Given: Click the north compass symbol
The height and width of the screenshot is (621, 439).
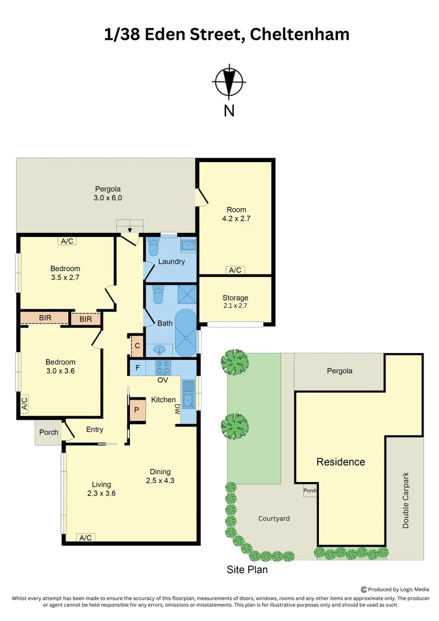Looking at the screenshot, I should [x=229, y=83].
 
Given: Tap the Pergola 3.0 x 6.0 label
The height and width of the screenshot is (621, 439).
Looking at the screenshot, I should [x=108, y=193].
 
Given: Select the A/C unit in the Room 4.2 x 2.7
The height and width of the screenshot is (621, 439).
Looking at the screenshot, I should [x=235, y=270].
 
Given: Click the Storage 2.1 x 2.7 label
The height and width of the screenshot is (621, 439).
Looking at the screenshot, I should [x=235, y=302].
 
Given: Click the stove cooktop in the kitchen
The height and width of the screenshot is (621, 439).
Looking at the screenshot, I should [x=163, y=366].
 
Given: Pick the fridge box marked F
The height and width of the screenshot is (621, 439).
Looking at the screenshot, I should [x=137, y=367].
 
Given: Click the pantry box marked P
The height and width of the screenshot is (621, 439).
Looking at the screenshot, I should [x=137, y=410].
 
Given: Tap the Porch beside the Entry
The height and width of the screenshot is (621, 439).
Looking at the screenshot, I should [x=48, y=432].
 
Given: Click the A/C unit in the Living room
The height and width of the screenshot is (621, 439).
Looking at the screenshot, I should [x=86, y=538].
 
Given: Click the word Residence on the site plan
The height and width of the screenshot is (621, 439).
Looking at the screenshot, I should [x=340, y=462].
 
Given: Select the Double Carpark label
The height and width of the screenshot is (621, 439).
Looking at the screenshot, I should [x=406, y=500].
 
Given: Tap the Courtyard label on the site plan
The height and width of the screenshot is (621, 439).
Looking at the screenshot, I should [x=274, y=518].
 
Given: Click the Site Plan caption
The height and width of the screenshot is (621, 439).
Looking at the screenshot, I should [x=247, y=570].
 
